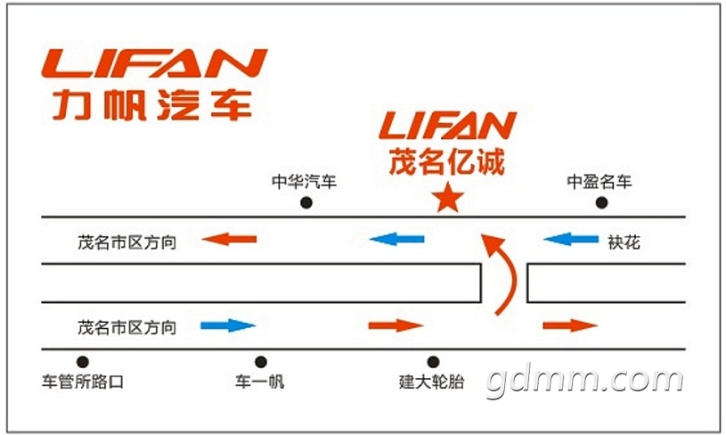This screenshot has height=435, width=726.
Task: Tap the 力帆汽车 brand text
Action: coord(151,104)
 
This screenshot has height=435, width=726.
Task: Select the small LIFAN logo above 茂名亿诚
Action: coord(447,127)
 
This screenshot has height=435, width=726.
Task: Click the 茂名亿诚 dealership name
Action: coord(447,162)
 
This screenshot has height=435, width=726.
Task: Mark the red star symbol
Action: coord(447,199)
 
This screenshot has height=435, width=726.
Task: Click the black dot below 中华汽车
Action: coord(306,203)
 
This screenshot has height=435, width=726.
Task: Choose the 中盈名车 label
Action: coord(600,183)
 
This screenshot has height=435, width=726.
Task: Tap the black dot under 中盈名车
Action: coord(601,203)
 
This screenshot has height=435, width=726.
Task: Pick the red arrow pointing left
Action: coord(229,239)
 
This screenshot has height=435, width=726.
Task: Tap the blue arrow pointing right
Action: coord(228,325)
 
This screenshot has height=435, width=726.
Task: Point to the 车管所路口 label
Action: coord(83,383)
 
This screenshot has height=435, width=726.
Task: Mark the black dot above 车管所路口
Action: coord(83,362)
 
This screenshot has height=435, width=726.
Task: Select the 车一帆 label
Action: coord(260,383)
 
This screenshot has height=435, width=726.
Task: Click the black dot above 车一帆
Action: coord(261,362)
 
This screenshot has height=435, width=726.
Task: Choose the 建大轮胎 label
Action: coord(432,383)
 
